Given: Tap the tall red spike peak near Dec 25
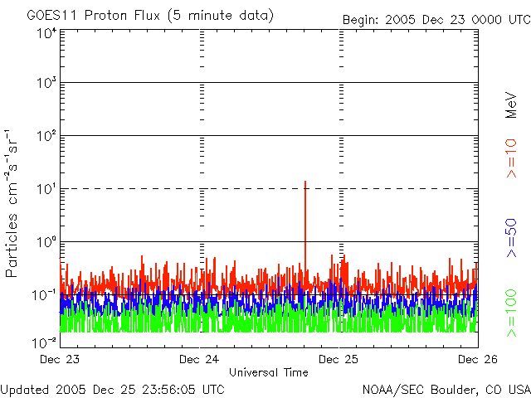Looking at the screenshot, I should (x=305, y=182).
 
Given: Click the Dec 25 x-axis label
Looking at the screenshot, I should (x=339, y=359).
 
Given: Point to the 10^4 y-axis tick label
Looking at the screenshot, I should (x=46, y=33).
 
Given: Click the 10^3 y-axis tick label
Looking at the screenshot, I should (x=46, y=83).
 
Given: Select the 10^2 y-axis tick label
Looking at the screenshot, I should (x=46, y=136).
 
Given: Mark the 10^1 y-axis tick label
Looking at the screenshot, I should (x=46, y=189).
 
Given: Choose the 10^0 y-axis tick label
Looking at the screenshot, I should (x=46, y=242).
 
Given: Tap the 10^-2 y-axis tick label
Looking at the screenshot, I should (x=44, y=341).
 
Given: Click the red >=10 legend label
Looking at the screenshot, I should (x=511, y=158).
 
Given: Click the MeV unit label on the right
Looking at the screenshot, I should (x=511, y=103).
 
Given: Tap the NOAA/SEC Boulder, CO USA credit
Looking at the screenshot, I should (x=446, y=389).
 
